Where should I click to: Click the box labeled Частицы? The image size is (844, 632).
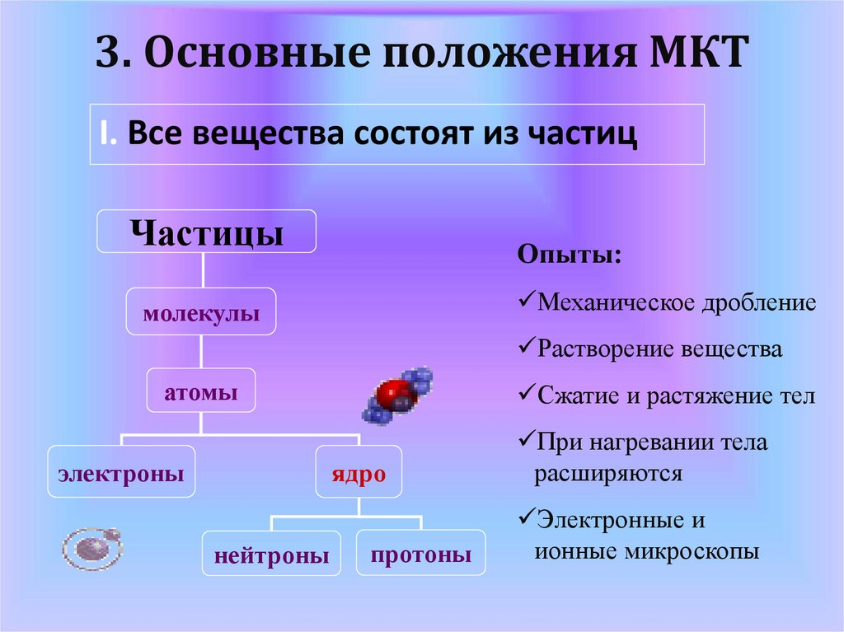(x=207, y=232)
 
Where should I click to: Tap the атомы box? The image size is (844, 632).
(x=201, y=392)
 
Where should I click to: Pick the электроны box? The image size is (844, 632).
(x=121, y=472)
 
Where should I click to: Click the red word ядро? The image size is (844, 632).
(x=359, y=473)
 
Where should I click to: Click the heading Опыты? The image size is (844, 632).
(x=570, y=254)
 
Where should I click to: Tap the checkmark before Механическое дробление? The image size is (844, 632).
(x=527, y=302)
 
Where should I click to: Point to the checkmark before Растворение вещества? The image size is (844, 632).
(x=527, y=348)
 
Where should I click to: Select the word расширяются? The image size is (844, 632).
(x=608, y=474)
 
